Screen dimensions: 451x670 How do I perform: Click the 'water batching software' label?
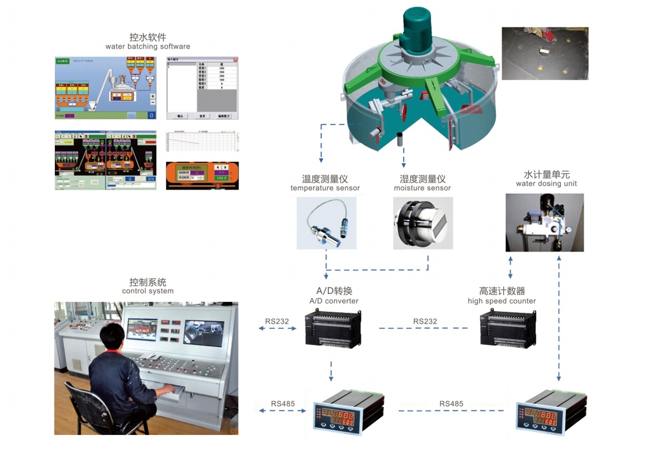(148, 47)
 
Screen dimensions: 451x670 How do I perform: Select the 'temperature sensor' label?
(325, 188)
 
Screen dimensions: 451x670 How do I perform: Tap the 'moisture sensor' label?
(422, 188)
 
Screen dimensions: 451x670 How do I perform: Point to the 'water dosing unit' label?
(546, 184)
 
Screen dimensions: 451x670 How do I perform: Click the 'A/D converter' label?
(333, 301)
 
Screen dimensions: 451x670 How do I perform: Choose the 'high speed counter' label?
(501, 301)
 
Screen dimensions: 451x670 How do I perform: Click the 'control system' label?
(148, 291)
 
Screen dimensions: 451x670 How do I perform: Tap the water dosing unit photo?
(545, 222)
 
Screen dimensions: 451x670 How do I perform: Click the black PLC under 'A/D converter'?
(333, 330)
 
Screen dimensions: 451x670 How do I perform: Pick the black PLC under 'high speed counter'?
(507, 330)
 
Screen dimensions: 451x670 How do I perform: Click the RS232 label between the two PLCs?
(425, 321)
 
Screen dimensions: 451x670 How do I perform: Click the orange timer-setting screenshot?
(202, 175)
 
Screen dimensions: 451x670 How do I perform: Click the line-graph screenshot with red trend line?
(202, 144)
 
